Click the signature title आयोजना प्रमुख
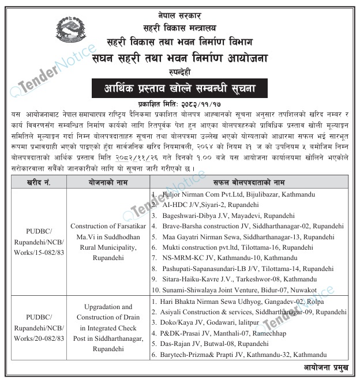[x=328, y=367]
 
